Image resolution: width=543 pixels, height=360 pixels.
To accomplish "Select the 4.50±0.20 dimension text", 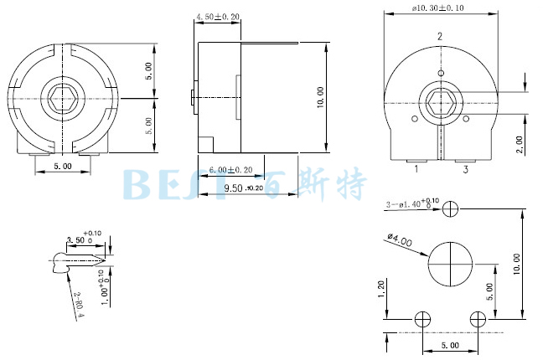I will (x=217, y=17).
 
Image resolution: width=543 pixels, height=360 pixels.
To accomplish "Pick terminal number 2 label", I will (x=440, y=37).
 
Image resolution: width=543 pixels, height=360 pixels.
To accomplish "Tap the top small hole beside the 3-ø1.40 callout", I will (x=452, y=207).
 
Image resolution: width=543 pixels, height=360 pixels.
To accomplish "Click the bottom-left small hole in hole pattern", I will (x=423, y=319).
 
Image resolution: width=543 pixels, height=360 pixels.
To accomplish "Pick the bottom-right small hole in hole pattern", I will (x=478, y=319).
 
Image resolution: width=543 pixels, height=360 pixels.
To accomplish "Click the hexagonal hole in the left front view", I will (x=63, y=96).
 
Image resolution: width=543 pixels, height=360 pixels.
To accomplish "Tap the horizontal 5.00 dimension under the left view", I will (x=62, y=167).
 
